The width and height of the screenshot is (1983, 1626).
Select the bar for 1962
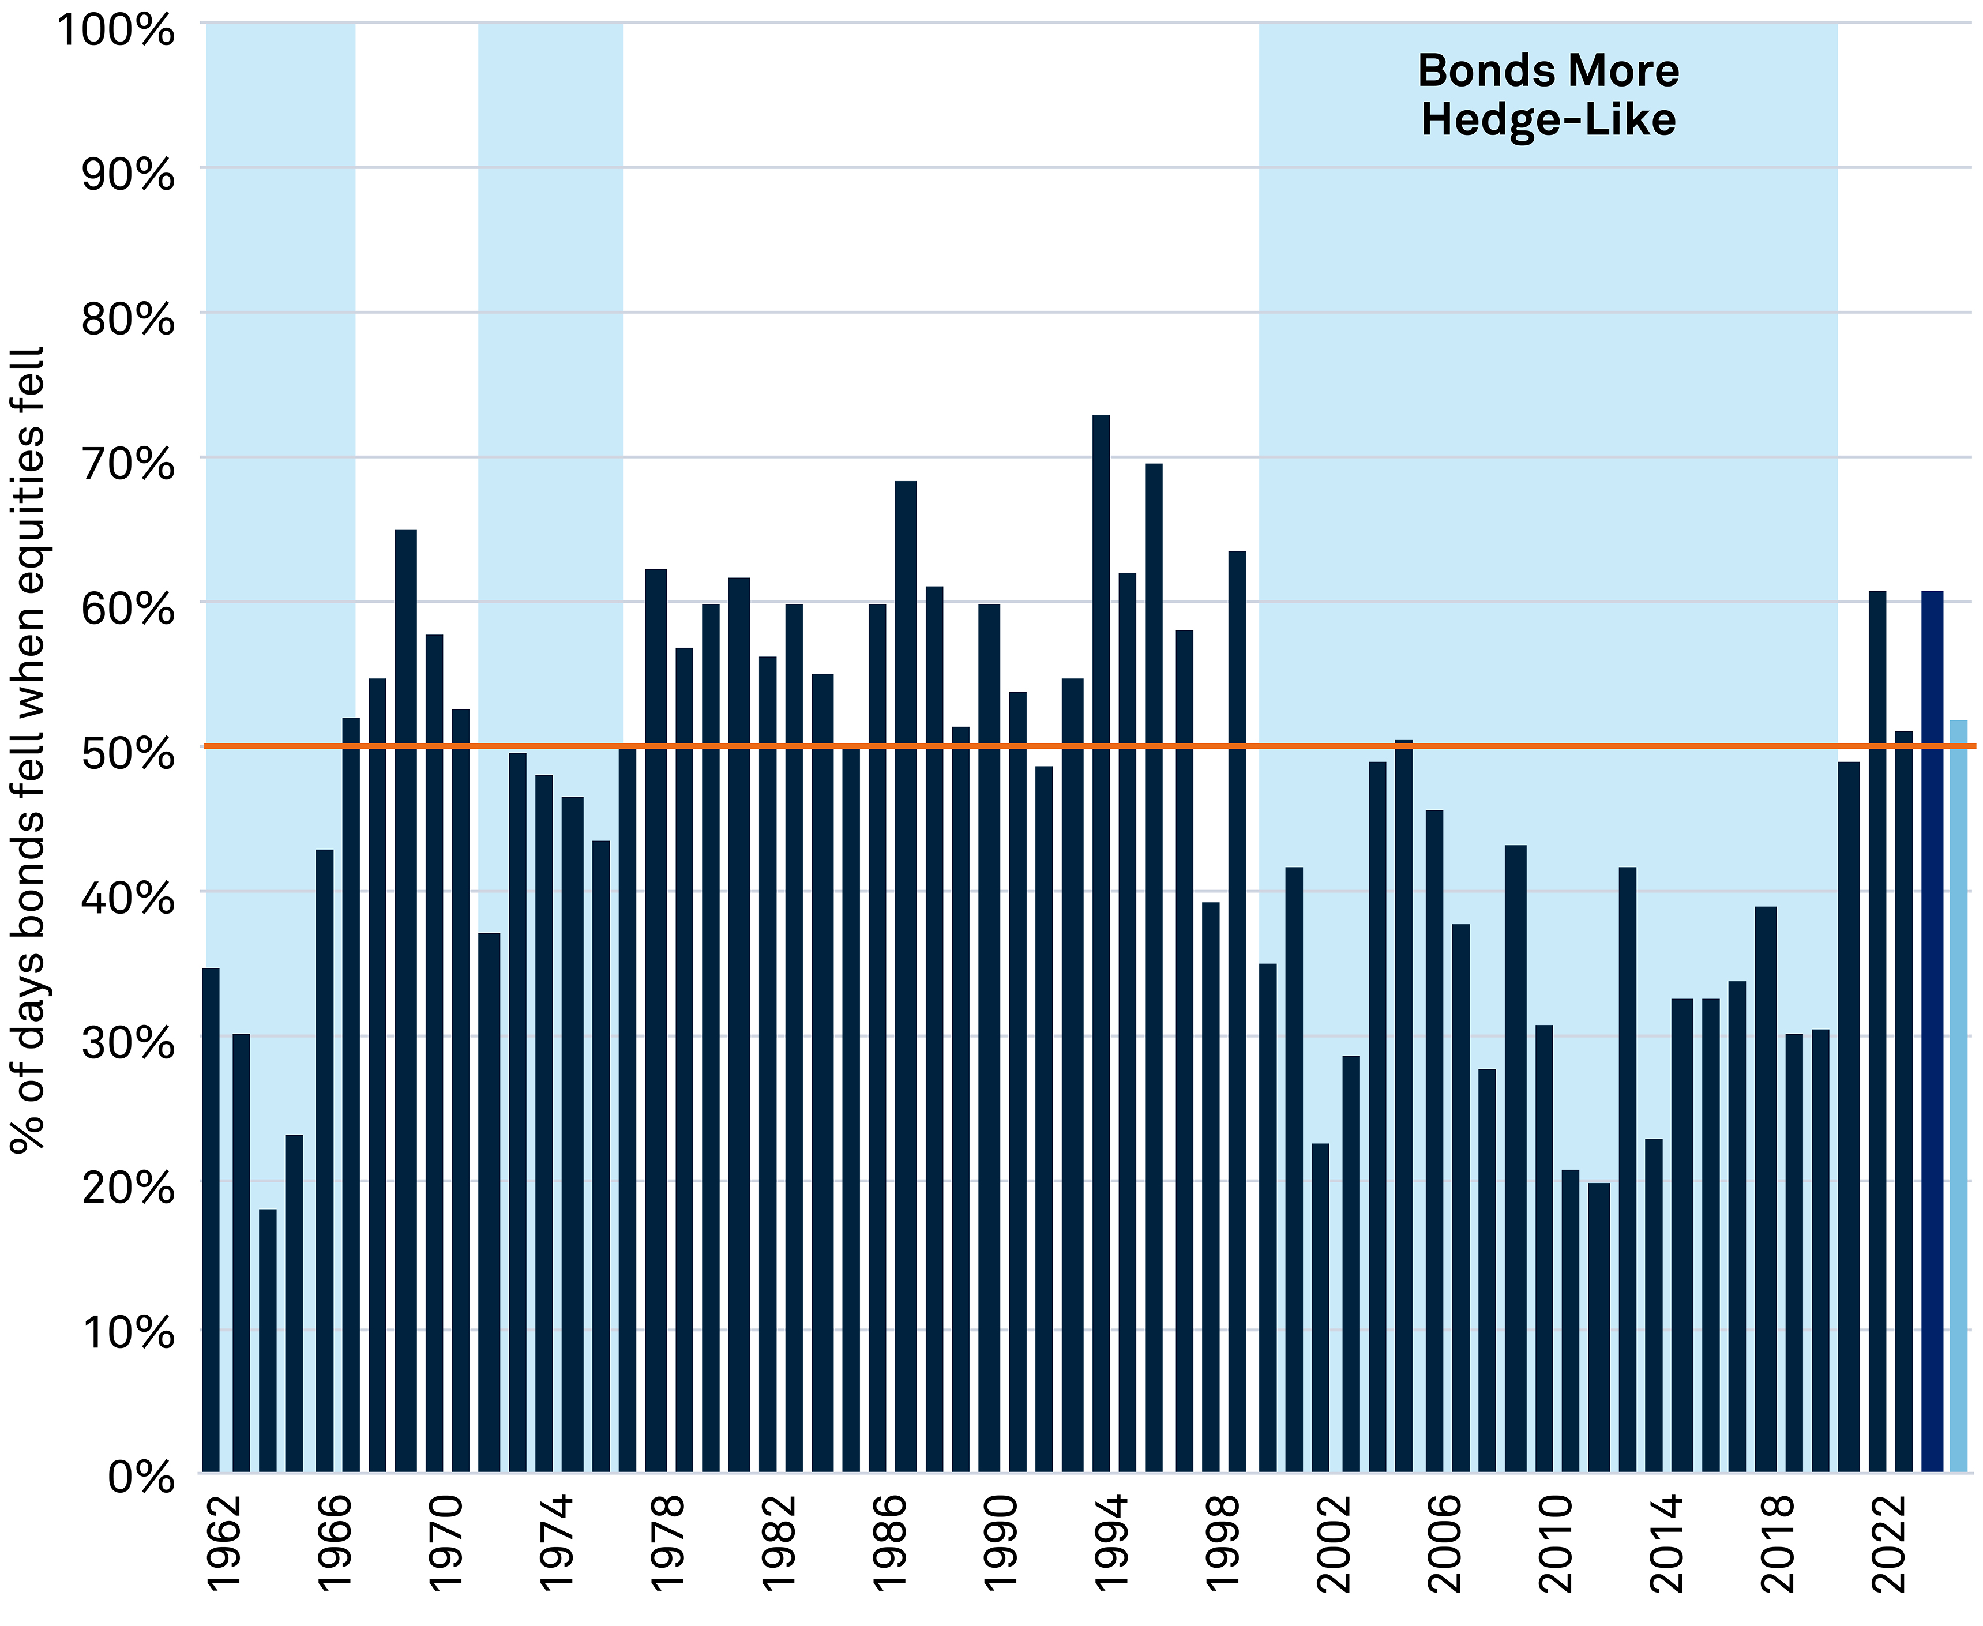pos(211,1218)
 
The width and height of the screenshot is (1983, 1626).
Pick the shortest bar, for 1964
pos(268,1339)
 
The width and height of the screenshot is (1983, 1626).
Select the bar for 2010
pos(1543,1246)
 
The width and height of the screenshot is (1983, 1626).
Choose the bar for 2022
pos(1876,1030)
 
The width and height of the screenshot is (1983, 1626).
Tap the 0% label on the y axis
pos(141,1477)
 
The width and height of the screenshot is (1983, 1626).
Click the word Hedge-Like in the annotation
pos(1548,121)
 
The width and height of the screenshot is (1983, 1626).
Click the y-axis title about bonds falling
pos(28,749)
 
